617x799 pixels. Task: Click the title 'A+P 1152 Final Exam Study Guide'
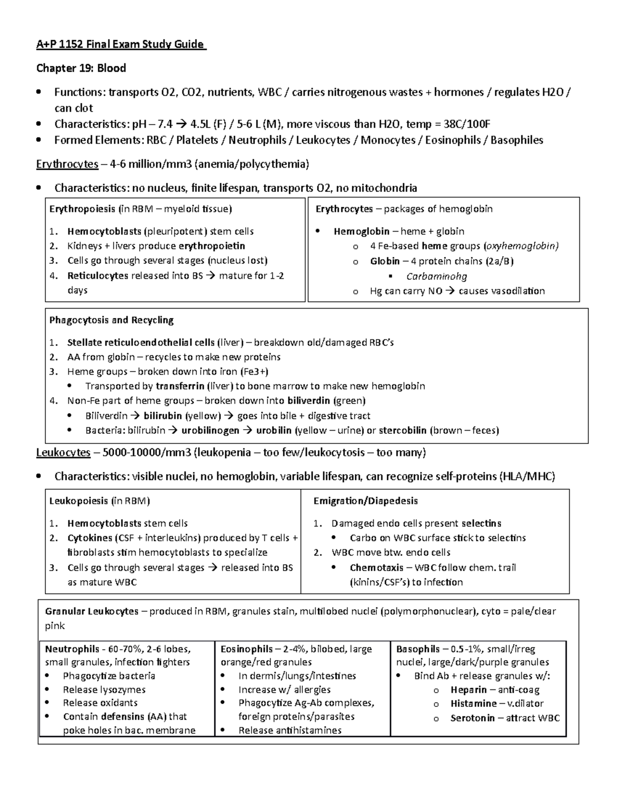pos(121,44)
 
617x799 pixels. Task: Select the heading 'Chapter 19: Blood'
pos(81,68)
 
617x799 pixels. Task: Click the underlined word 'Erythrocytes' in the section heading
pos(67,164)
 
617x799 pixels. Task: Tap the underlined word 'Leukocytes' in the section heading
pos(63,453)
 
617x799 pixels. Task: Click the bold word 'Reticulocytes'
pos(98,275)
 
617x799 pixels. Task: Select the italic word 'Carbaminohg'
pos(437,276)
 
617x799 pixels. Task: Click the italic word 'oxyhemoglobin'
pos(522,246)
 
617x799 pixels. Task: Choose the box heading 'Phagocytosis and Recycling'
pos(111,320)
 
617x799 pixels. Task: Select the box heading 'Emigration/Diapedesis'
pos(366,501)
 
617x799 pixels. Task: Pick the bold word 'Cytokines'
pos(89,538)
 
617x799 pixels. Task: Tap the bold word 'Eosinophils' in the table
pos(247,649)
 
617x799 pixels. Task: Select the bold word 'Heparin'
pos(468,690)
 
